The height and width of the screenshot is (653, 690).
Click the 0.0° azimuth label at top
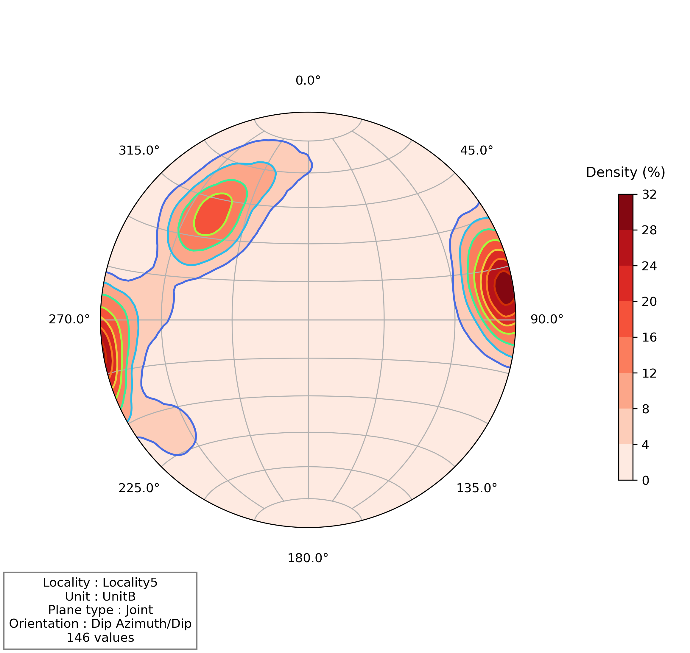pos(308,81)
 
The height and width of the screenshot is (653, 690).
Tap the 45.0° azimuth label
pos(476,150)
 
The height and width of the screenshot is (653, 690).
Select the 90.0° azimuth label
pos(546,319)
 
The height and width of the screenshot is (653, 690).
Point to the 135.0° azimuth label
pos(476,488)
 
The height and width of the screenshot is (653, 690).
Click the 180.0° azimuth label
pos(308,558)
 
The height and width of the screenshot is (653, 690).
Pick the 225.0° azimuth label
pos(139,488)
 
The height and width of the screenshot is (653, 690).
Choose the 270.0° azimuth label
pos(69,319)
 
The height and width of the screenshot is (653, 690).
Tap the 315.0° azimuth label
pos(139,150)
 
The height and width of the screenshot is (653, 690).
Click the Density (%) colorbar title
pos(625,172)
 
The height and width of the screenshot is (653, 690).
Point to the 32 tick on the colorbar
pos(649,194)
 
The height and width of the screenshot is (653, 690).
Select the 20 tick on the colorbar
pos(649,301)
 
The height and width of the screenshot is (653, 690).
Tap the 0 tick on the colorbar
pos(645,481)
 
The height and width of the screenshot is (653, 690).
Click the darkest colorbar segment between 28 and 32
pos(626,212)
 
